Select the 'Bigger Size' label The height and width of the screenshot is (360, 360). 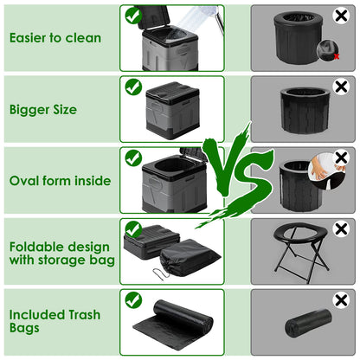pyautogui.click(x=44, y=110)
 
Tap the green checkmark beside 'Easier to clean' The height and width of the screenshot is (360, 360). pyautogui.click(x=133, y=16)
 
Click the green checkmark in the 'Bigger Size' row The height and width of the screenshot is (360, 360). pyautogui.click(x=133, y=87)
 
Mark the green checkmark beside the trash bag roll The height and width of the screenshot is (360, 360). pyautogui.click(x=133, y=299)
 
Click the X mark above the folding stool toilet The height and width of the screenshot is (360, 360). pyautogui.click(x=341, y=228)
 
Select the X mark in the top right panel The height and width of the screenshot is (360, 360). pyautogui.click(x=341, y=16)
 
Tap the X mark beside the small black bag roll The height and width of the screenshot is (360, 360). pyautogui.click(x=341, y=299)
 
